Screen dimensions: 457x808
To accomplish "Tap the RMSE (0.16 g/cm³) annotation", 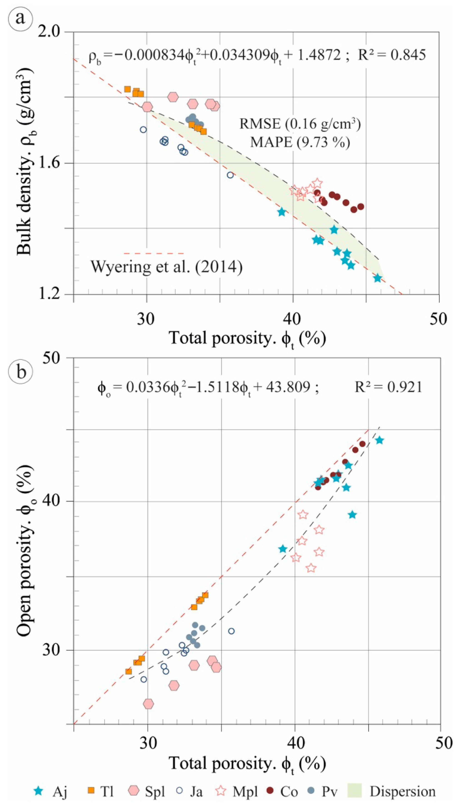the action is tap(300, 124).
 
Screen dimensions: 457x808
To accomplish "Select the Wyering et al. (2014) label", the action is tap(167, 267).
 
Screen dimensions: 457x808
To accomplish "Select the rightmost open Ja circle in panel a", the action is tap(230, 175).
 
